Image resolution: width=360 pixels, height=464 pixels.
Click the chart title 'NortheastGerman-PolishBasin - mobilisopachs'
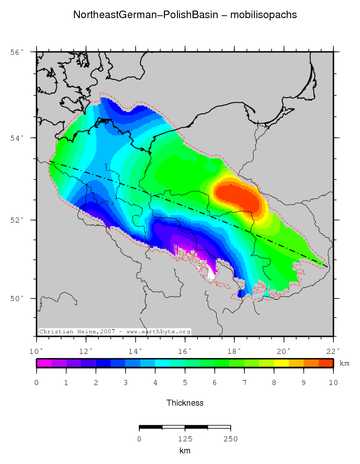point(185,15)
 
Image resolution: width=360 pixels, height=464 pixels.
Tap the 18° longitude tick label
point(235,351)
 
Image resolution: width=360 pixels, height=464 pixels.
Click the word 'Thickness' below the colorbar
point(185,403)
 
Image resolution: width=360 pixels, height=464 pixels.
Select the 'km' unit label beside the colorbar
point(344,363)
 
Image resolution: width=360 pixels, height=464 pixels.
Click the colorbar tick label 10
point(333,383)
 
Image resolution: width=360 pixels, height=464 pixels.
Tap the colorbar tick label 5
point(185,383)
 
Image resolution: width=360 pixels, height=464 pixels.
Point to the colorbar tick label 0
point(37,383)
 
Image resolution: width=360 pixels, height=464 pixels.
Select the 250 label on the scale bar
point(230,439)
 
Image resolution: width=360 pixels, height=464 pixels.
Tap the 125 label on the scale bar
point(185,439)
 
